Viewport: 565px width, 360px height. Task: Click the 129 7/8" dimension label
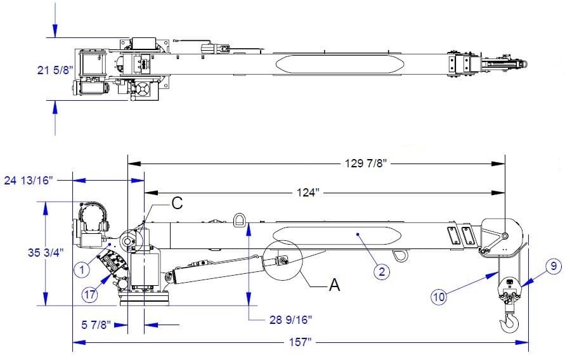(x=365, y=164)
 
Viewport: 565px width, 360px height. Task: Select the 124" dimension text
(x=308, y=193)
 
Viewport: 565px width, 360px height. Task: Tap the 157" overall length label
(x=300, y=342)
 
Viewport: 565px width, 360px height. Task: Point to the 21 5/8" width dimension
(x=55, y=70)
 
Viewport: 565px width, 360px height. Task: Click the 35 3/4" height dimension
(x=46, y=253)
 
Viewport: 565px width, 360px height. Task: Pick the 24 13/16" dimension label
(x=29, y=180)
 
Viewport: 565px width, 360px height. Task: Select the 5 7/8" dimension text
(x=96, y=325)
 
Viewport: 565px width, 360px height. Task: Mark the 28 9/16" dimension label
(x=290, y=319)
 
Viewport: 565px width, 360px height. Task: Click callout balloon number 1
(x=82, y=269)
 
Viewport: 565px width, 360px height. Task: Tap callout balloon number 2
(x=382, y=271)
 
